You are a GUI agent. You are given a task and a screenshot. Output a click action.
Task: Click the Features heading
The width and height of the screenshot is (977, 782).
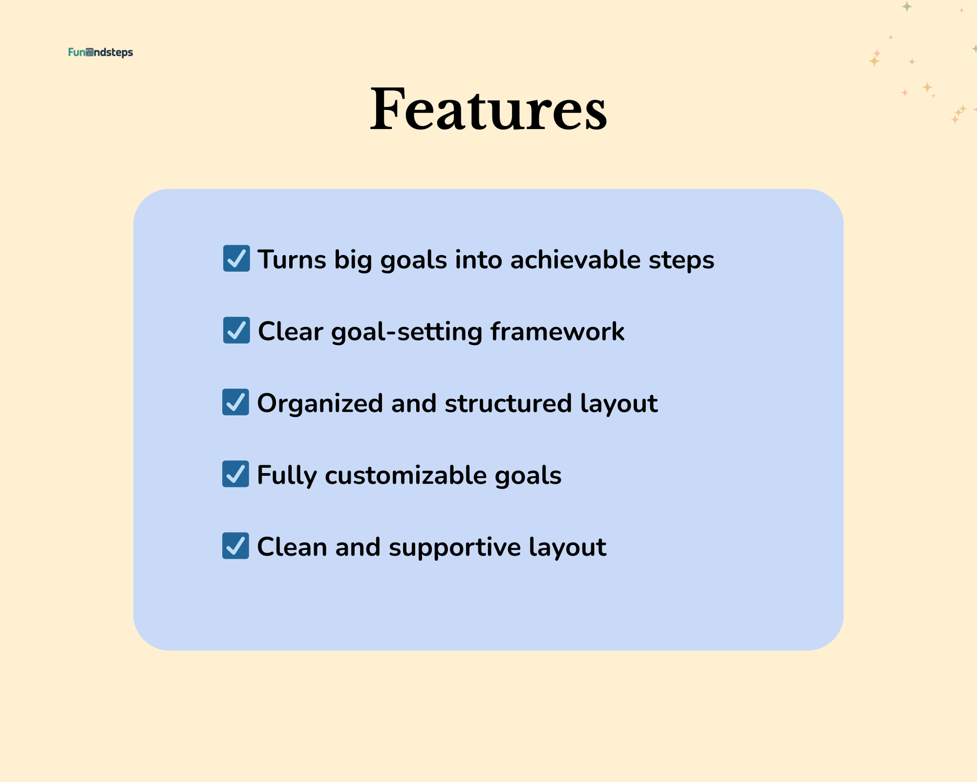tap(488, 109)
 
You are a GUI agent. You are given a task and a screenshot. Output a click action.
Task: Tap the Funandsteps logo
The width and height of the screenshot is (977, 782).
tap(100, 52)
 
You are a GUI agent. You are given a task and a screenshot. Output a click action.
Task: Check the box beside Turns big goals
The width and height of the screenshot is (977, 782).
tap(236, 258)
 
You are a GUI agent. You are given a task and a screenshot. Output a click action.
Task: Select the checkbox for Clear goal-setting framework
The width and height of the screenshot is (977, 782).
tap(236, 330)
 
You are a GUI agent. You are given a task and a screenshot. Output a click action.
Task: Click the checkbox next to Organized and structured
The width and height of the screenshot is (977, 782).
tap(235, 402)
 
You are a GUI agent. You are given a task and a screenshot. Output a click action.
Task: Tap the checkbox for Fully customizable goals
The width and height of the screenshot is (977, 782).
tap(235, 474)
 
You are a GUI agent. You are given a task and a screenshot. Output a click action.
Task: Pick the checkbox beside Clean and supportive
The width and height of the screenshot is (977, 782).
tap(235, 545)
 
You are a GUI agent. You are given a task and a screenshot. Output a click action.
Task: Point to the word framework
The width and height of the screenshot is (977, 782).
tap(557, 331)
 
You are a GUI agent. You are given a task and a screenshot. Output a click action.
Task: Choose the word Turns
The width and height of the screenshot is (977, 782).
tap(292, 260)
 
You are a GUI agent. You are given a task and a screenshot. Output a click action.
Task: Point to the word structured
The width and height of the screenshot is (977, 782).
tap(508, 403)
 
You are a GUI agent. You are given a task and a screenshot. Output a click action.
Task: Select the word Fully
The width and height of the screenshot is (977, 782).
tap(287, 476)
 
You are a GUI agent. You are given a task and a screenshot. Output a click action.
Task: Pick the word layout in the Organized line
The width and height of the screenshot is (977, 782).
tap(619, 404)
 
